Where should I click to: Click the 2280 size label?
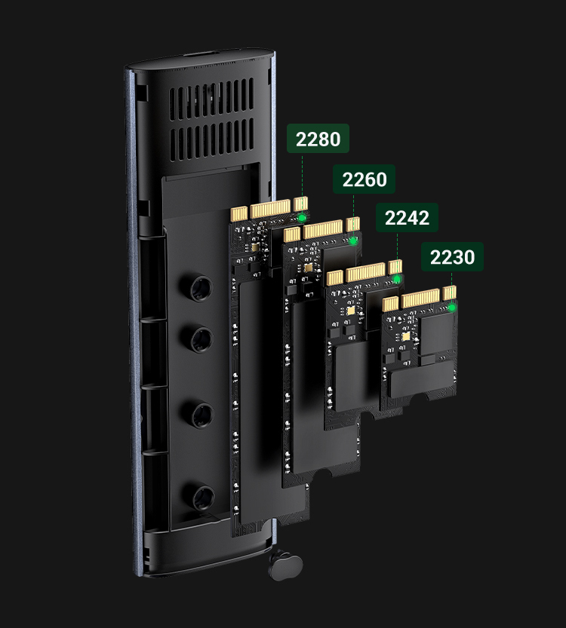[318, 139]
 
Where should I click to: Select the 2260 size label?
[365, 180]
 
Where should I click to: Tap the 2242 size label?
[407, 218]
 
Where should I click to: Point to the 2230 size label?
[453, 257]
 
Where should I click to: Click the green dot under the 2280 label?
[303, 218]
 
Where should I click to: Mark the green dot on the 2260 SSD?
[353, 241]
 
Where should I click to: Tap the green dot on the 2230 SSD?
[452, 307]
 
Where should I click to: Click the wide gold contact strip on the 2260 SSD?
[322, 228]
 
